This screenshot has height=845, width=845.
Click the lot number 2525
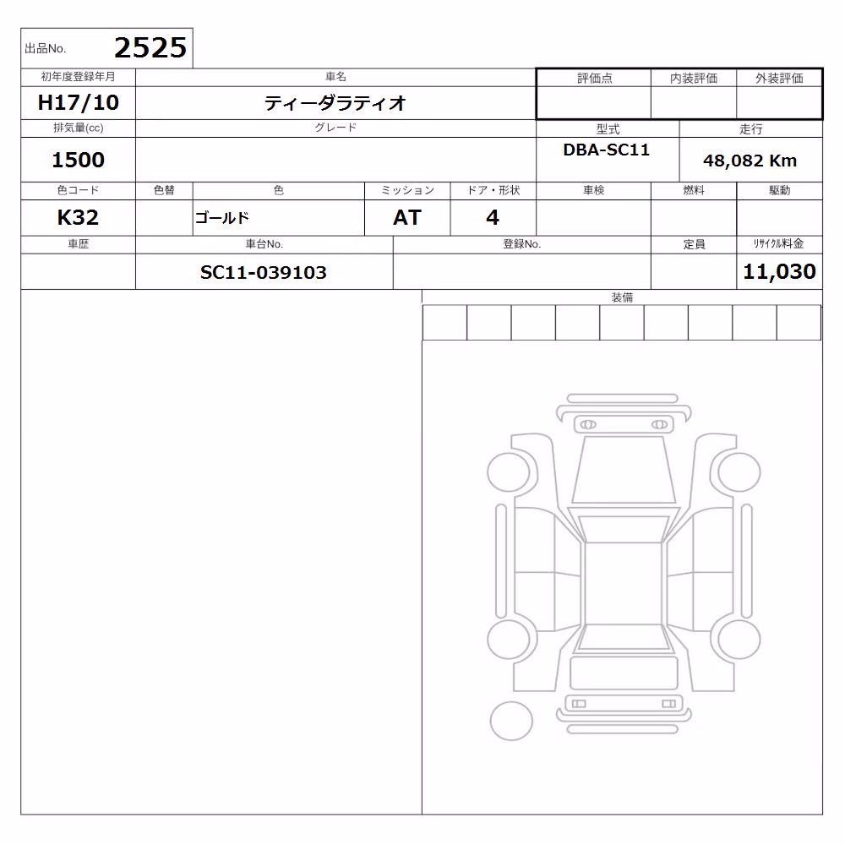coord(150,48)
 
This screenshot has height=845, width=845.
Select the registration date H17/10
coord(78,102)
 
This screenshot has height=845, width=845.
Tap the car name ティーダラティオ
coord(335,103)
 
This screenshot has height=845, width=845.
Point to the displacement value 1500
coord(78,160)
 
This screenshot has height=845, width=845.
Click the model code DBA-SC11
coord(606,150)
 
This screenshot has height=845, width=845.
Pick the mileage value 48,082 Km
coord(750,161)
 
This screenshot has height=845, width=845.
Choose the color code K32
coord(78,218)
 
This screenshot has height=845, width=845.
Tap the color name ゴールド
coord(222,218)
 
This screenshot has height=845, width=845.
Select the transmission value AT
coord(407,218)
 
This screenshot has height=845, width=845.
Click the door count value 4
coord(493,218)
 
